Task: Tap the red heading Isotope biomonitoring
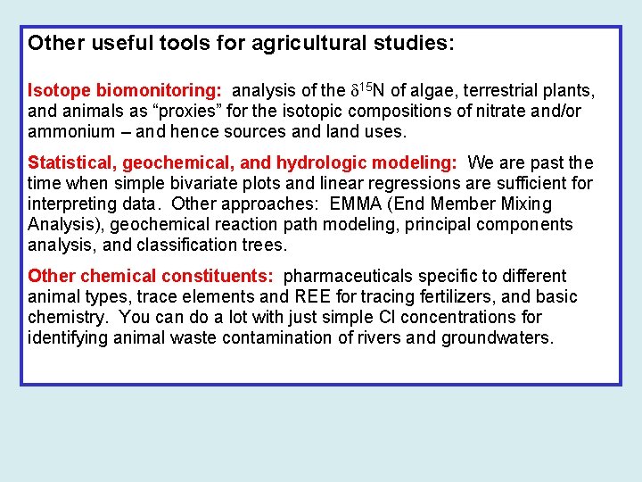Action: tap(127, 90)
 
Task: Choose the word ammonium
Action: tap(69, 131)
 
